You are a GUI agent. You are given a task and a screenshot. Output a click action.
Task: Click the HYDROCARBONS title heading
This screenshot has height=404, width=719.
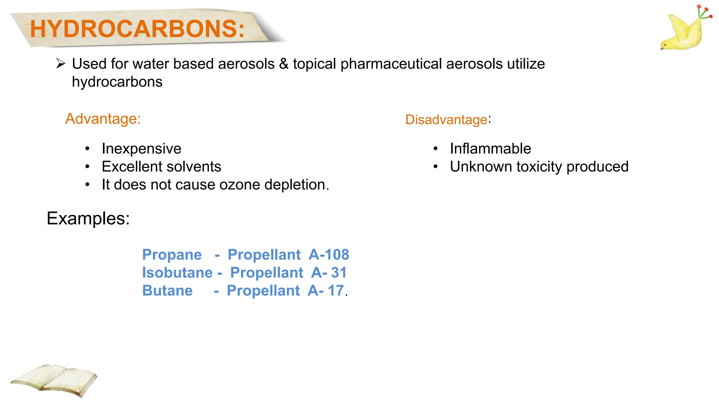tap(137, 29)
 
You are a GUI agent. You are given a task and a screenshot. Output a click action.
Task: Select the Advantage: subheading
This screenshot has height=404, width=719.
tap(103, 119)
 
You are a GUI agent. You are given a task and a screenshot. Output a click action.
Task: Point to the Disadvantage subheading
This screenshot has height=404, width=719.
tap(446, 120)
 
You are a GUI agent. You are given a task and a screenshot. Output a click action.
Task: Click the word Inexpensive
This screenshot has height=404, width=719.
tap(141, 149)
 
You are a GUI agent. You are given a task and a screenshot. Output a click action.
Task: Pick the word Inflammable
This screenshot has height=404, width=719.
tap(490, 149)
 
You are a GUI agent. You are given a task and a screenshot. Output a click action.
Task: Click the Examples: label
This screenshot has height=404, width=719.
tap(88, 218)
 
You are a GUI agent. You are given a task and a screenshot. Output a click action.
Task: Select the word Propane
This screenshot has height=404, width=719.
tap(172, 255)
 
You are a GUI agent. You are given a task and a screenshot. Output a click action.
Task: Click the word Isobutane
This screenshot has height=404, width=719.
tap(177, 273)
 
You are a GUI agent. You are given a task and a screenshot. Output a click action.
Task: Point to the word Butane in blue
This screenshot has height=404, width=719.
tap(167, 291)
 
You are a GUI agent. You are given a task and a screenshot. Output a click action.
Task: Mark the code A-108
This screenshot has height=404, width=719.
tap(329, 255)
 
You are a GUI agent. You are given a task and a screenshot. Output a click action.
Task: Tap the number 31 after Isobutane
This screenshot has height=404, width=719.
tap(338, 272)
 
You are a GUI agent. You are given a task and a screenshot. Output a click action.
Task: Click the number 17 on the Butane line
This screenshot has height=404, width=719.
tap(335, 291)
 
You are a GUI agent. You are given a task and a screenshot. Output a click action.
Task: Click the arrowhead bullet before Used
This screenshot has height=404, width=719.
tap(61, 64)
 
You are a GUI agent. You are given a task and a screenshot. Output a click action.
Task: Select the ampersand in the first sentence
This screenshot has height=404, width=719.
tap(284, 64)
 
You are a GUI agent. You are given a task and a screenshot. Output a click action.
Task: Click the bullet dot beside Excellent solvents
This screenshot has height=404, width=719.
tap(87, 167)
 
